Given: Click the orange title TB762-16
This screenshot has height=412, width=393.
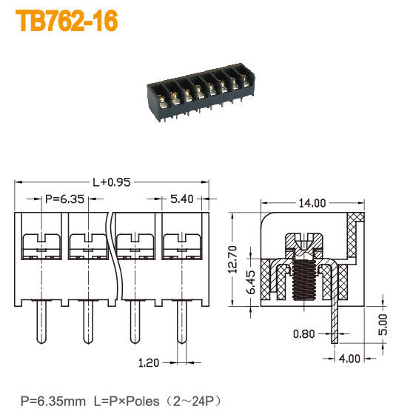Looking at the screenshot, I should pyautogui.click(x=67, y=21).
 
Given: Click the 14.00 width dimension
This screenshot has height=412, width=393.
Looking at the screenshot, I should pyautogui.click(x=312, y=202).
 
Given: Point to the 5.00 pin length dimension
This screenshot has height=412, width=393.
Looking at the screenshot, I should pyautogui.click(x=381, y=323).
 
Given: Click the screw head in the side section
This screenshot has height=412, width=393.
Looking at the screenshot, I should pyautogui.click(x=303, y=242).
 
